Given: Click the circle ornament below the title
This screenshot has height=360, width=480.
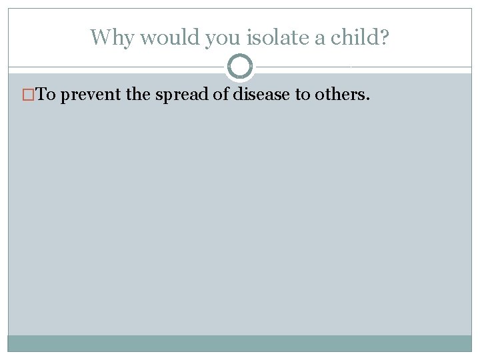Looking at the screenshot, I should point(240,67).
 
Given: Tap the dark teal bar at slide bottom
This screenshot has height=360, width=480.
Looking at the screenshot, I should point(240,343).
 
